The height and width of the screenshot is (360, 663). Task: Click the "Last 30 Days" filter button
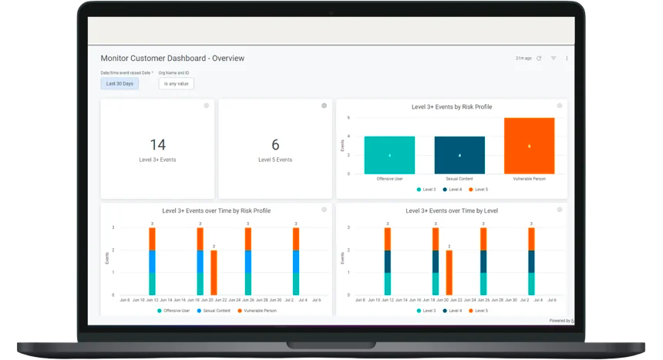[x=119, y=83]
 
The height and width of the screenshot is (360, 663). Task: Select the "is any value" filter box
[x=177, y=83]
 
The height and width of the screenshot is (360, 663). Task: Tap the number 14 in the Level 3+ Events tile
[x=157, y=145]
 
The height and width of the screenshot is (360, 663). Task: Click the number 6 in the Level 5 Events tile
[x=275, y=145]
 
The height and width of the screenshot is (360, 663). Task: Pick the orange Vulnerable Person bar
[x=529, y=146]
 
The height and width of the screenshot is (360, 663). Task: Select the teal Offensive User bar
[x=389, y=155]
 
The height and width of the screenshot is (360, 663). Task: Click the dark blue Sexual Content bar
[x=459, y=155]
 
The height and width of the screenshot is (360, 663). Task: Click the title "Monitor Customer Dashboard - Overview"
[x=173, y=59]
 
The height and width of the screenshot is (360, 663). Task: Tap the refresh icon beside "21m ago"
[x=539, y=59]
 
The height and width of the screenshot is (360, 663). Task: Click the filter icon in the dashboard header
[x=553, y=59]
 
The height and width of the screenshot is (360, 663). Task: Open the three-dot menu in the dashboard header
[x=567, y=59]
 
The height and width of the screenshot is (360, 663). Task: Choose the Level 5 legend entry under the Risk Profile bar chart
[x=478, y=189]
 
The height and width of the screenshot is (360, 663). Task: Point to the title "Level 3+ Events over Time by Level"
[x=451, y=210]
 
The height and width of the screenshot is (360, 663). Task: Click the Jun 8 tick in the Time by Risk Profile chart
[x=125, y=300]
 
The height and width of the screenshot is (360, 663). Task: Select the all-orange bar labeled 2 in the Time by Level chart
[x=449, y=273]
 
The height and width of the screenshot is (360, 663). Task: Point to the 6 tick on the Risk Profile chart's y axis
[x=348, y=118]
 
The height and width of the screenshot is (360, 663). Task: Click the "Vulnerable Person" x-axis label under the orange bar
[x=529, y=179]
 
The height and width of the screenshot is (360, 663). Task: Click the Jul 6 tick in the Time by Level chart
[x=553, y=300]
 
